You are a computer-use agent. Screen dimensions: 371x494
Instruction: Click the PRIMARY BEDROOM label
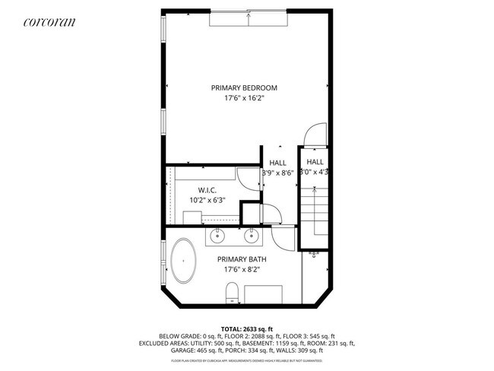(x=245, y=88)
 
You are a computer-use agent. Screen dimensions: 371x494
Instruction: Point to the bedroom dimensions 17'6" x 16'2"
(x=245, y=99)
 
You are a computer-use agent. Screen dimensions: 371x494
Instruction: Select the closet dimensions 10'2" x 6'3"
(x=207, y=200)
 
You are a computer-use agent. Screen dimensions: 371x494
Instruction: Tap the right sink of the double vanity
(x=251, y=236)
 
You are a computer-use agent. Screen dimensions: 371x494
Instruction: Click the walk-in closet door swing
(x=248, y=179)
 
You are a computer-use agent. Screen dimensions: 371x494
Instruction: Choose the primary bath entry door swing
(x=283, y=237)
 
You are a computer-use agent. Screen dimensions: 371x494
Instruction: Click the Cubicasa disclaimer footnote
(x=246, y=361)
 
